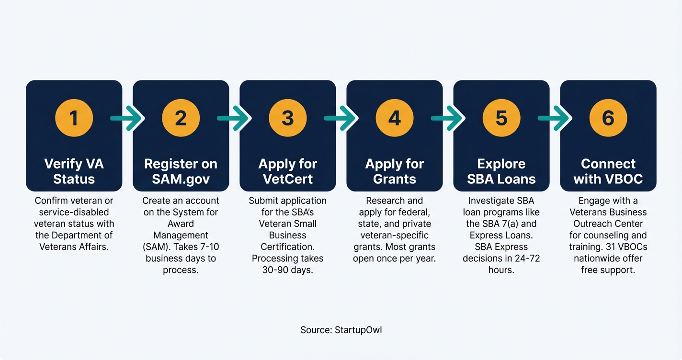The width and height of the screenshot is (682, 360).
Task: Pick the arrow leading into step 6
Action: point(555,118)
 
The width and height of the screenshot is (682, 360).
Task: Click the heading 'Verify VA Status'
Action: point(74,171)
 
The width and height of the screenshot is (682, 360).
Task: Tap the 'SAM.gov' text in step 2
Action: point(181,179)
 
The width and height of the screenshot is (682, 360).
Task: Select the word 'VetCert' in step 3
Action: point(287,179)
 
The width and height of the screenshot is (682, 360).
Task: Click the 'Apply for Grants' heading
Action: point(394,171)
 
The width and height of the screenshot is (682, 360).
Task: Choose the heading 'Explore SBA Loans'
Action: point(501,171)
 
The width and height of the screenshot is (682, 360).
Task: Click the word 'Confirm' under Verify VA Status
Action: point(51,201)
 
